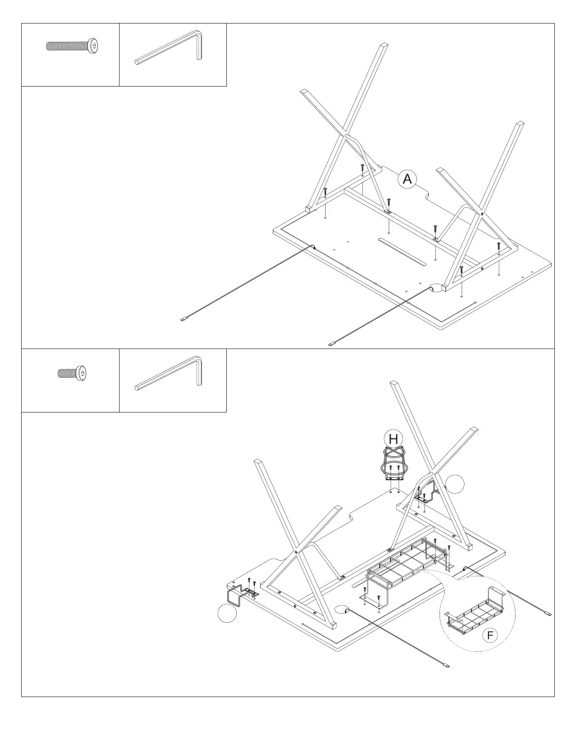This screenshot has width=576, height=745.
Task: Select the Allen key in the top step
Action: (169, 47)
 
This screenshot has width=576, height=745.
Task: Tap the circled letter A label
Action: (407, 179)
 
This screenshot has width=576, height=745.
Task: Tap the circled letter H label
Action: (393, 439)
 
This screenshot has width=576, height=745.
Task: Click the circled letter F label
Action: (490, 635)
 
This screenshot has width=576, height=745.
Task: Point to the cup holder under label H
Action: (394, 466)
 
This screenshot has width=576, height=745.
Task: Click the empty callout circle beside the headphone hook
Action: (227, 614)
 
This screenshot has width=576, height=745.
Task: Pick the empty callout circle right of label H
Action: (455, 484)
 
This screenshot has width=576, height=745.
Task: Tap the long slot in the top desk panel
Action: (402, 251)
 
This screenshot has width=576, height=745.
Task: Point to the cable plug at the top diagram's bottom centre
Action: (332, 344)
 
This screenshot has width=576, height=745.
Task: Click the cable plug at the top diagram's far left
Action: (184, 319)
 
